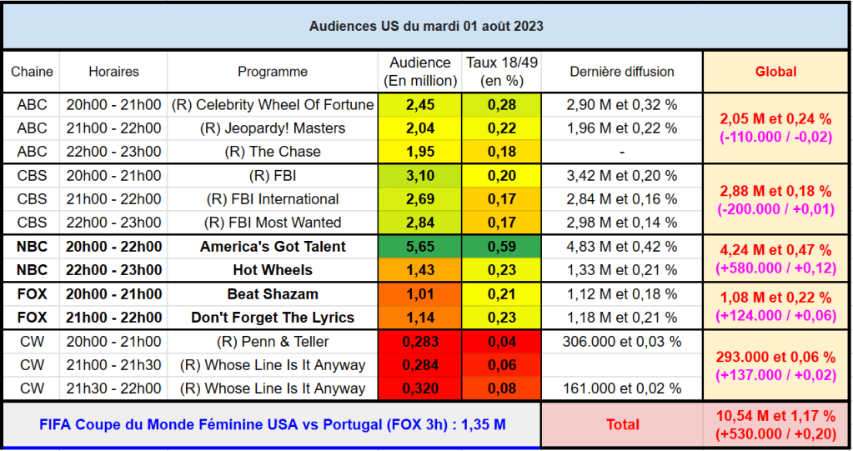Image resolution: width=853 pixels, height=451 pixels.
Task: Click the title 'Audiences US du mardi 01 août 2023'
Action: point(426,26)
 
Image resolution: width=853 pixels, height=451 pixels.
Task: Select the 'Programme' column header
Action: point(273,72)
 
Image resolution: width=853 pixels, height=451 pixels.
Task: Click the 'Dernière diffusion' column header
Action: point(622,72)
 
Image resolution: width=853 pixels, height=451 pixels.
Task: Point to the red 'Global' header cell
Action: point(775,72)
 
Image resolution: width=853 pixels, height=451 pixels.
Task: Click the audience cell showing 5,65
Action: point(419,247)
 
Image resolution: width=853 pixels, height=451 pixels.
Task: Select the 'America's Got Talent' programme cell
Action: point(273,247)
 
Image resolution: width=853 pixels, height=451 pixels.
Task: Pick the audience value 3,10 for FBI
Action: point(419,176)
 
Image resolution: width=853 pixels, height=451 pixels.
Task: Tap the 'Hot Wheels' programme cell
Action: point(273,270)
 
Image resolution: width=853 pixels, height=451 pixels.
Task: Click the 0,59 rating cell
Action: point(501,247)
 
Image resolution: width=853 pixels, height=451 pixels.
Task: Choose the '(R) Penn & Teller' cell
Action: point(273,342)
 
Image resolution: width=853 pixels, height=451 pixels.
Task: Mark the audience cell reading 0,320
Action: point(419,388)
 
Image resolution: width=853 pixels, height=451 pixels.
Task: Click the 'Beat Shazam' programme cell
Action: point(273,294)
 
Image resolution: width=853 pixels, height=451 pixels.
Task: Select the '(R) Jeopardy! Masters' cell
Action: point(273,128)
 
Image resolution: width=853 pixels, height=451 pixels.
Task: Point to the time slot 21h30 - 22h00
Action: point(113,388)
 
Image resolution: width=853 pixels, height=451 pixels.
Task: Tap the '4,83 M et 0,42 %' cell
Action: point(622,247)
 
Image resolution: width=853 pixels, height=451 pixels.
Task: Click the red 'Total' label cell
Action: point(622,424)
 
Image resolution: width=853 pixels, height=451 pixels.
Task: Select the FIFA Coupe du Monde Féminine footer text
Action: point(272,424)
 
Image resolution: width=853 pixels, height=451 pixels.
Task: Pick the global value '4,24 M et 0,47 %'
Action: point(775,250)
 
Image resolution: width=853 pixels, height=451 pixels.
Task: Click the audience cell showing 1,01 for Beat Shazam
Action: point(419,294)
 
